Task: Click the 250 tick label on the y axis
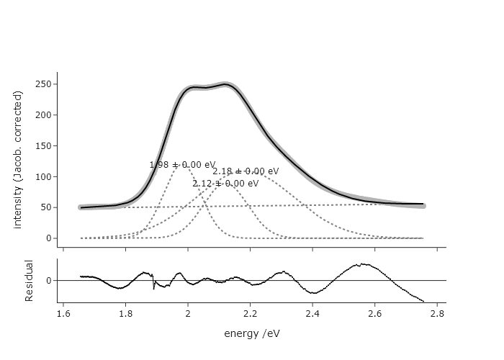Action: pos(43,84)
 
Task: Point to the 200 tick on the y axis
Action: pos(43,115)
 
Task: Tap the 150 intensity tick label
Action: pos(43,146)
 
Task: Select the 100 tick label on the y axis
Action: pos(43,177)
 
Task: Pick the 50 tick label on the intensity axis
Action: pos(45,207)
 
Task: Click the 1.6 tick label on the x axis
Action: pos(63,313)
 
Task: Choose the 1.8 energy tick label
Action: pos(125,313)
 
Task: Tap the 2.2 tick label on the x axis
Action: pos(250,313)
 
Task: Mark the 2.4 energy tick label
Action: pos(312,313)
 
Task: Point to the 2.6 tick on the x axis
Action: pos(374,313)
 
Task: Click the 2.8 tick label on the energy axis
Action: pos(436,313)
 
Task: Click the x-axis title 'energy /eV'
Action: pos(251,333)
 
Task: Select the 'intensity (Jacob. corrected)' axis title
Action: pos(18,160)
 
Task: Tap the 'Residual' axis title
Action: pos(30,281)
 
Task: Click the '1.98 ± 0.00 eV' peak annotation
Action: pos(182,165)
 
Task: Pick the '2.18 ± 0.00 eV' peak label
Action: pos(246,171)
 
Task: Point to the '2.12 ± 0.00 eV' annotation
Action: pos(225,184)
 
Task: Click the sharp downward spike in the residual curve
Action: pos(154,288)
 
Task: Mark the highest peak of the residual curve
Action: pos(363,264)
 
